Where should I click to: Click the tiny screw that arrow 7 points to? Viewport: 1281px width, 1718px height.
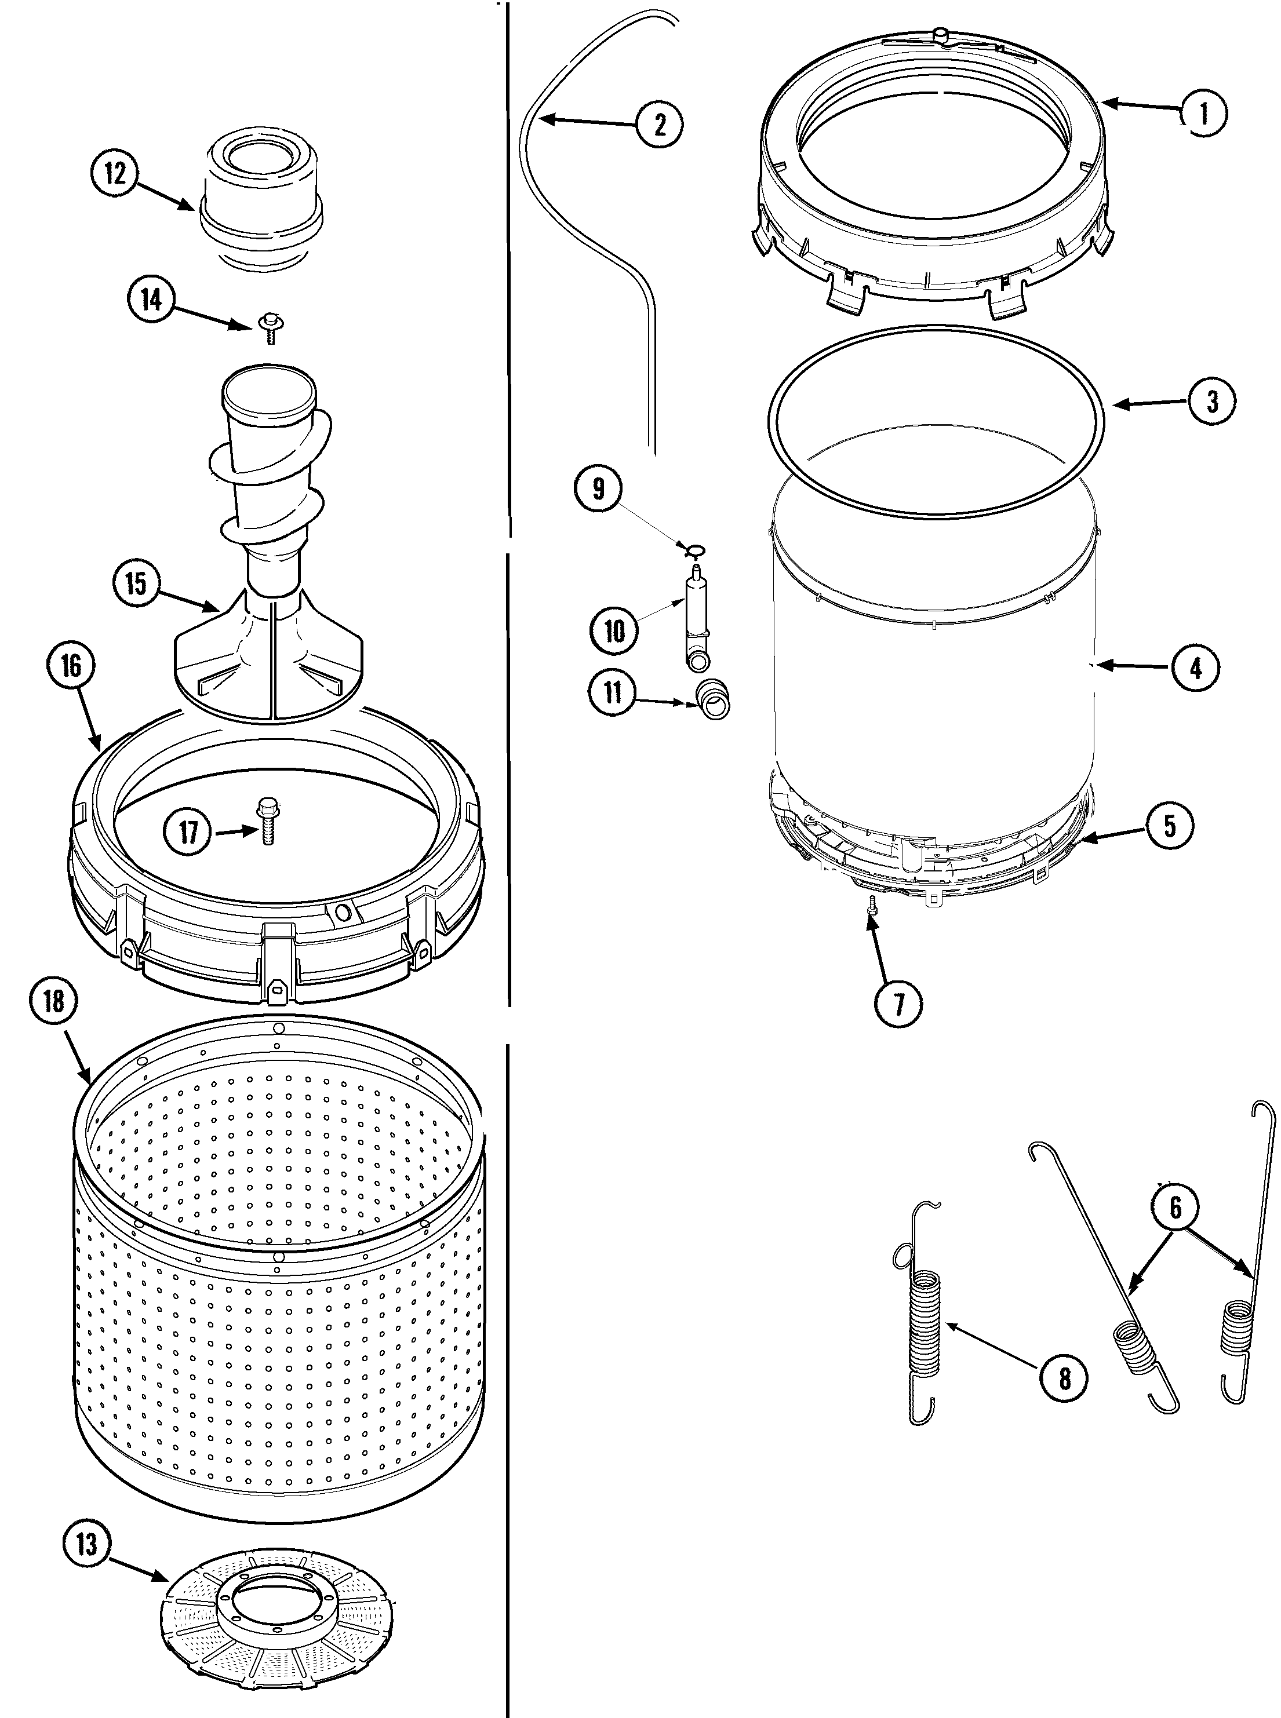pos(872,905)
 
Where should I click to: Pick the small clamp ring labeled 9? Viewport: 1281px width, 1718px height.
pos(693,550)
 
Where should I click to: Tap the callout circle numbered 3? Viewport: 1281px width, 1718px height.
pos(1211,402)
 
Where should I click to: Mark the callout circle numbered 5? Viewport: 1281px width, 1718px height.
pos(1169,826)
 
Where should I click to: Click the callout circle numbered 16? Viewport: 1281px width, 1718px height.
pos(71,665)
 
